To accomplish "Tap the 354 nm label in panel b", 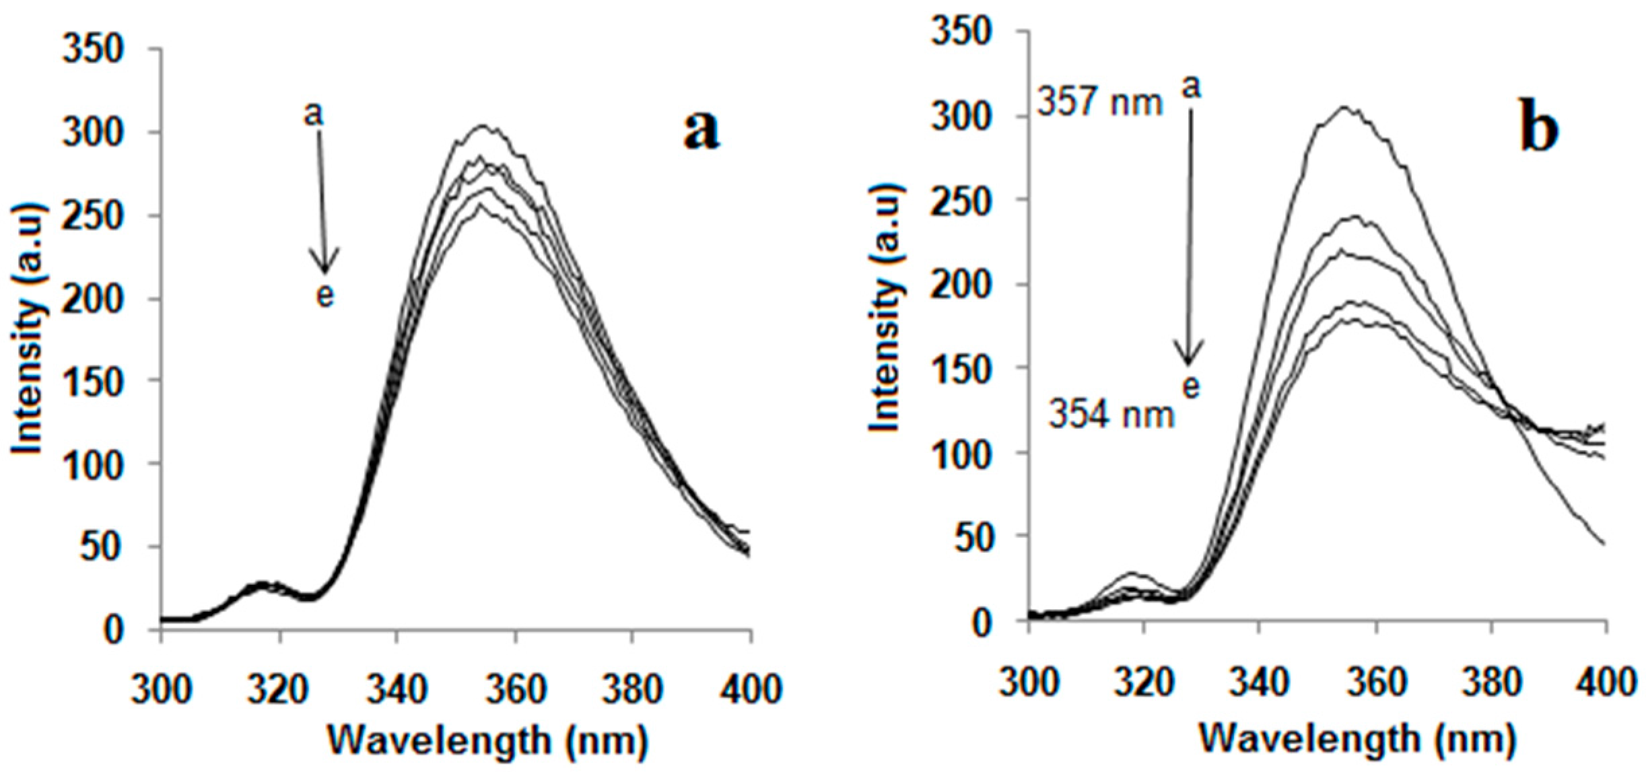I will coord(1111,414).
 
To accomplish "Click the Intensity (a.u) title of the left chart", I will coord(28,329).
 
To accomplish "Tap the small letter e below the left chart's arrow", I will coord(325,295).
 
